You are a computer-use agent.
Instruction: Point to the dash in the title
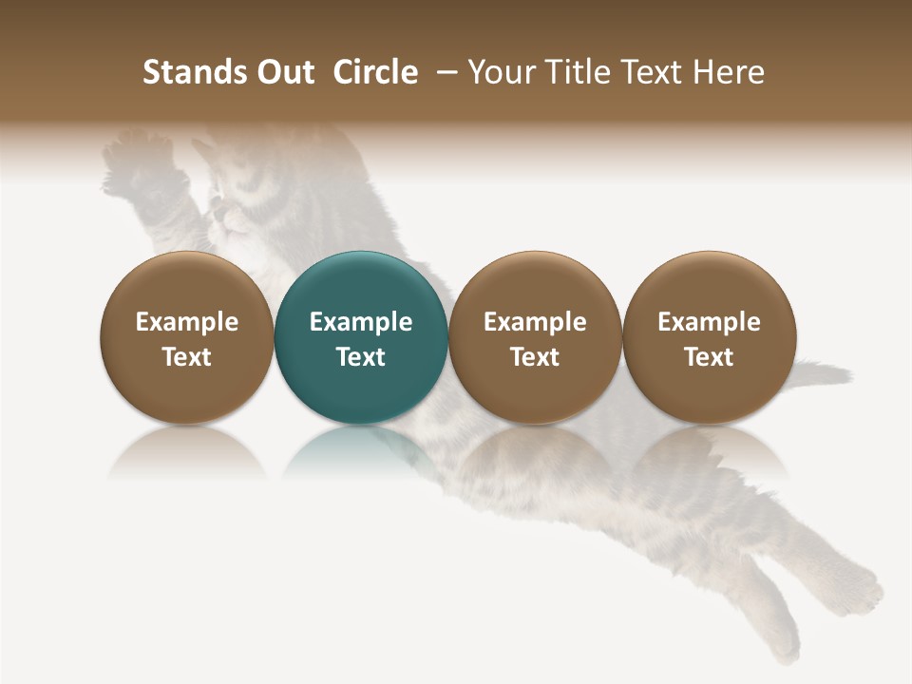[x=443, y=73]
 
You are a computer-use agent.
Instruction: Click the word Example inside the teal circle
[x=361, y=322]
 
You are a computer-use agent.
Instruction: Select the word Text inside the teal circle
[x=361, y=357]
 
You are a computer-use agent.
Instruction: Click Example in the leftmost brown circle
[x=187, y=322]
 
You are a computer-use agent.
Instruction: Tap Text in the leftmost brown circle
[x=187, y=357]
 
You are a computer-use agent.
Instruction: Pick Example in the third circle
[x=535, y=322]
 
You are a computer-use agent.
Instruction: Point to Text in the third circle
[x=535, y=357]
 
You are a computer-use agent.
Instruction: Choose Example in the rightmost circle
[x=709, y=322]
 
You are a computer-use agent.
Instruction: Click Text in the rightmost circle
[x=709, y=357]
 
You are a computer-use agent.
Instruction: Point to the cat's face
[x=237, y=204]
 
